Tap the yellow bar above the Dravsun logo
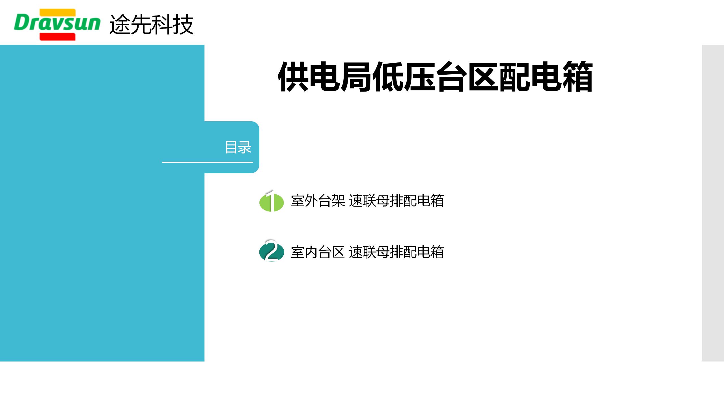pos(57,12)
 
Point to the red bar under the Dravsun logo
pos(57,37)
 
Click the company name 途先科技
pos(151,25)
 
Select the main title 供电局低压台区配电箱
pos(435,77)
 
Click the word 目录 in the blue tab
pos(238,147)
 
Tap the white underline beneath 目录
pos(208,162)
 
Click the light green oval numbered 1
pos(271,202)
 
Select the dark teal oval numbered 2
pos(271,252)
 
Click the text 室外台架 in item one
pos(318,201)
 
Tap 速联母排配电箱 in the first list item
pos(397,201)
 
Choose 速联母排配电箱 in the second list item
pos(397,252)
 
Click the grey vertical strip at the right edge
pos(713,203)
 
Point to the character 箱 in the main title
pos(578,77)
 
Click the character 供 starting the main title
pos(293,77)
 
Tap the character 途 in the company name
pos(120,25)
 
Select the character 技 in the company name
pos(183,25)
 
